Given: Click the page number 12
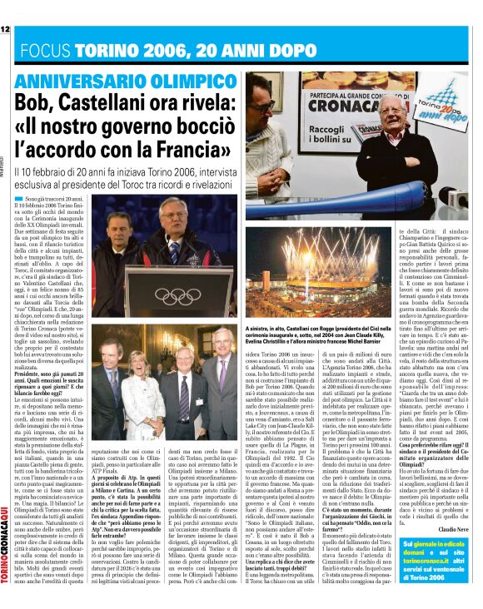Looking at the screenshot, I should pos(5,29).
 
